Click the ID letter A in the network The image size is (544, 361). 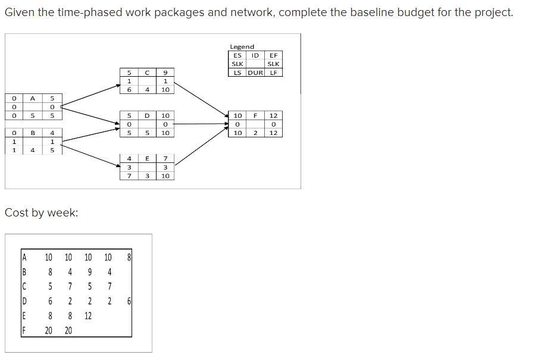coord(33,98)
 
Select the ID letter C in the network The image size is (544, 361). coord(147,73)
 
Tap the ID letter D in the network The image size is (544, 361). coord(147,115)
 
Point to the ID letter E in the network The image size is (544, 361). coord(147,158)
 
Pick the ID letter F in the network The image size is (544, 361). coord(255,115)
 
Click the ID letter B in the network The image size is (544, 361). coord(33,133)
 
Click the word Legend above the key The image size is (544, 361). coord(242,46)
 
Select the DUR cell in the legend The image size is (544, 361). coord(255,73)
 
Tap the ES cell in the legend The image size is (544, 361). coord(237,55)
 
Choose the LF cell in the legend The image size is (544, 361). coord(273,73)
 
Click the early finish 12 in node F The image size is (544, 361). coord(273,115)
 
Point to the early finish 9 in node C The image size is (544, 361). coord(165,73)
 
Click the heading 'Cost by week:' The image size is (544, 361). coord(41,213)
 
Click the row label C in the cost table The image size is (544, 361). coord(24,287)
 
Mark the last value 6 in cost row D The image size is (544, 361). coord(129,302)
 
